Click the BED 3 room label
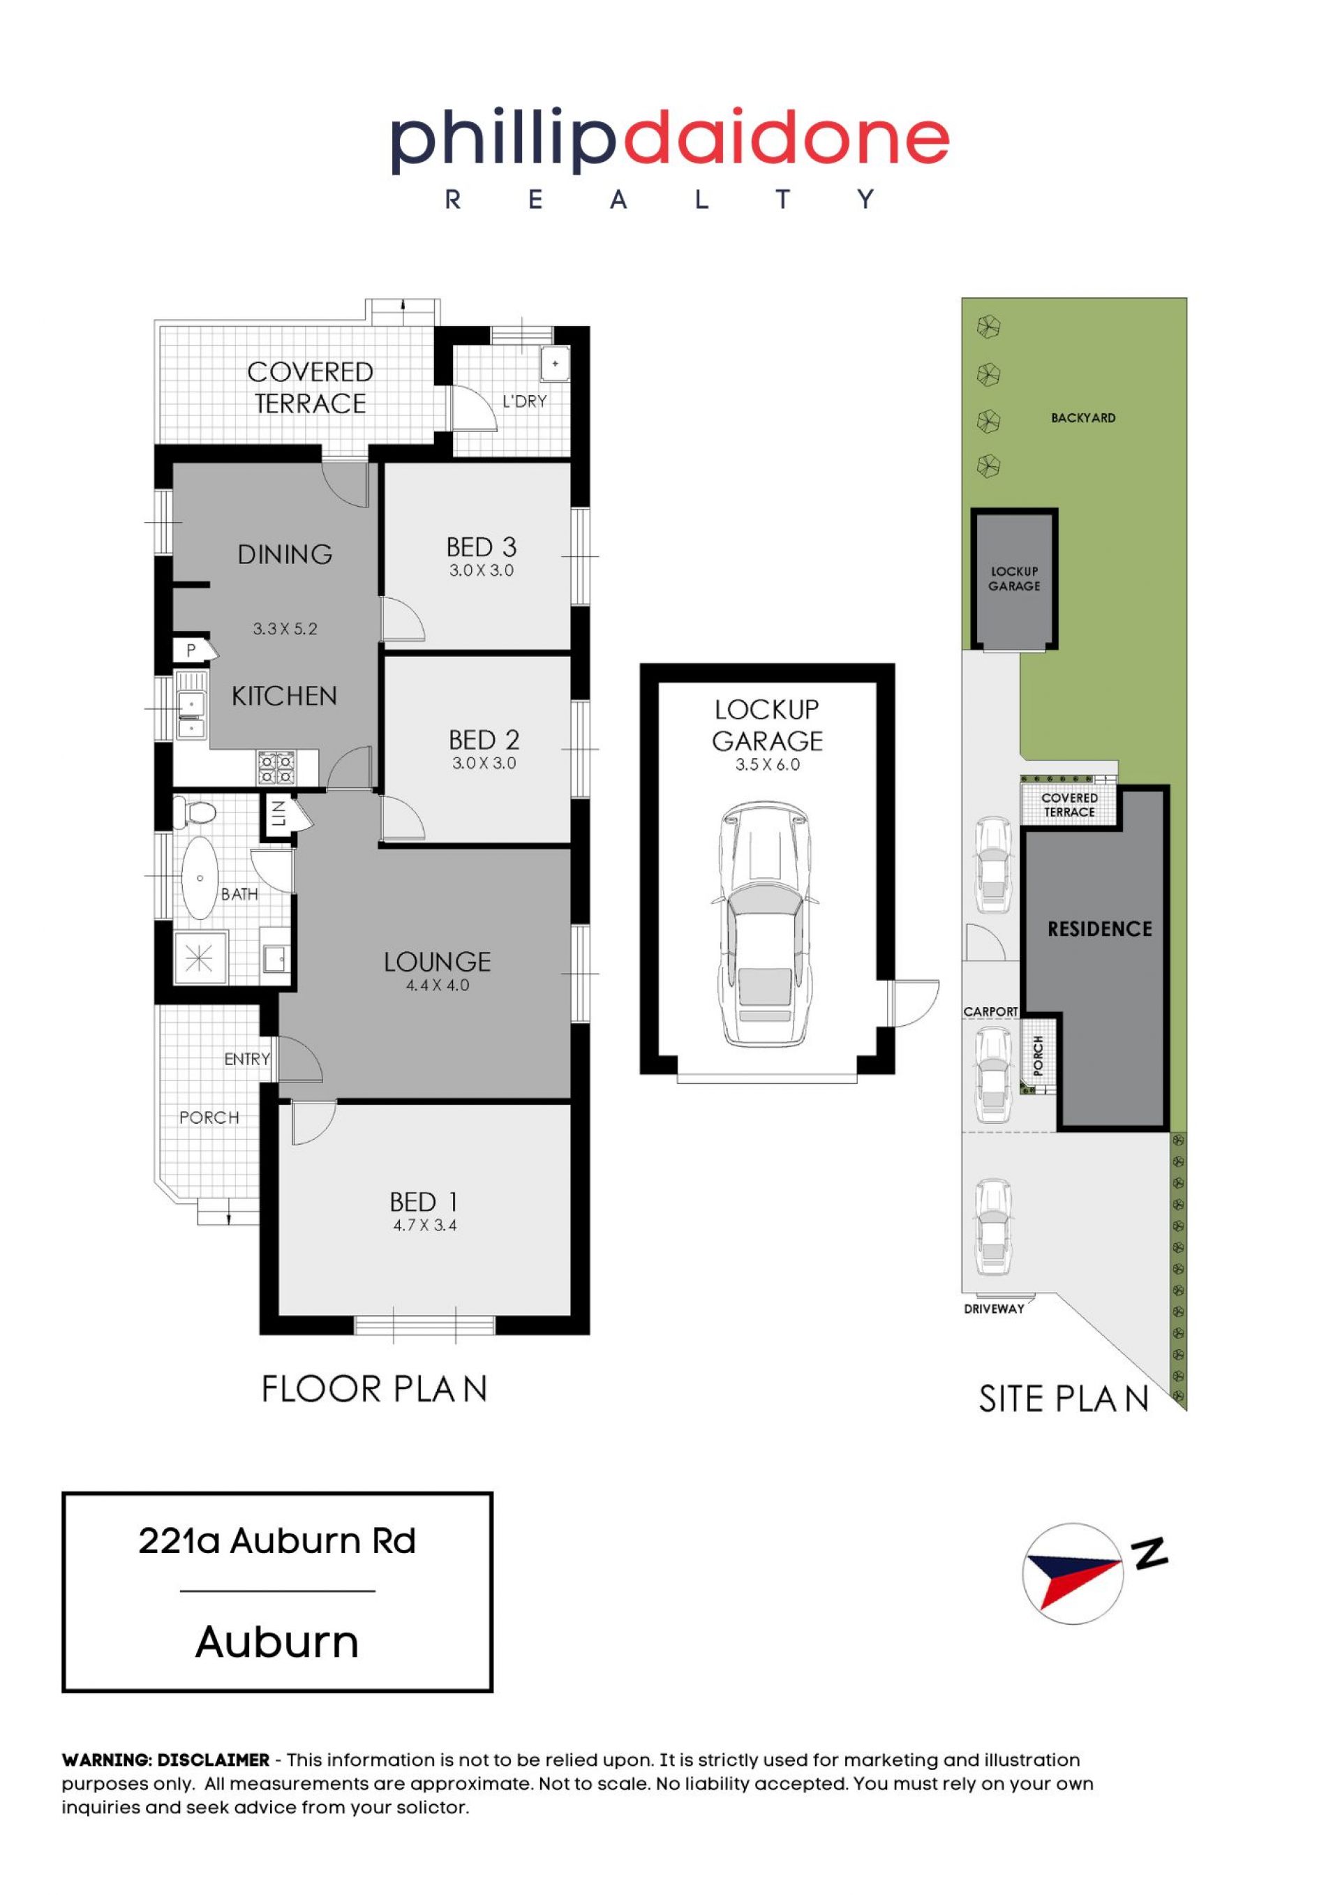tap(481, 547)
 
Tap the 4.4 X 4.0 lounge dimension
tap(438, 985)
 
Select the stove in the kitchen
tap(276, 768)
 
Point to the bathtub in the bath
tap(200, 877)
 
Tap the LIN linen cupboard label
tap(278, 814)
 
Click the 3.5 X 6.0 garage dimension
tap(768, 764)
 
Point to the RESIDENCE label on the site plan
tap(1099, 929)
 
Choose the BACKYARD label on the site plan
tap(1082, 417)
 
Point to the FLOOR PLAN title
tap(374, 1389)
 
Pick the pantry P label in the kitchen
tap(191, 651)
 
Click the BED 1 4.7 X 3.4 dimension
tap(425, 1226)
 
